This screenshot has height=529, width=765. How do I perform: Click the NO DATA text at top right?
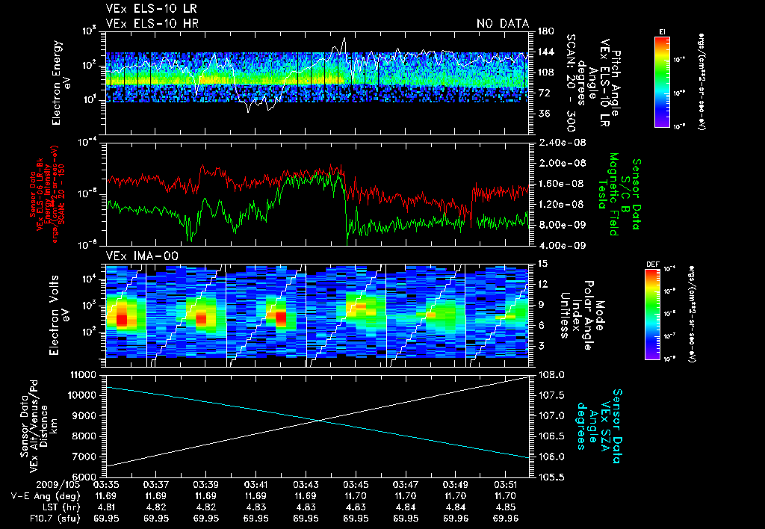pos(502,24)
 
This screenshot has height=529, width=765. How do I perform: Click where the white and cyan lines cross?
pos(319,420)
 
